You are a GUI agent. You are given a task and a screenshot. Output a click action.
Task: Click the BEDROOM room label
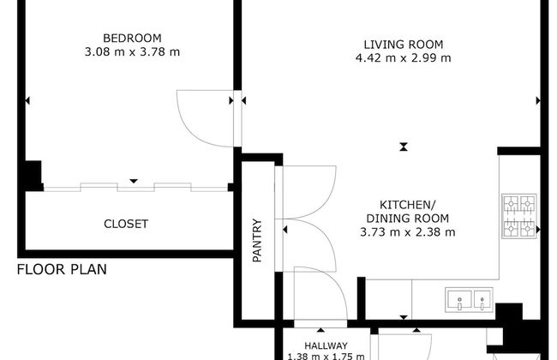[x=132, y=38]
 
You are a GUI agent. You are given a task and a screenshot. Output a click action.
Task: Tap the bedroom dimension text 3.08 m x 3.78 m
[x=132, y=52]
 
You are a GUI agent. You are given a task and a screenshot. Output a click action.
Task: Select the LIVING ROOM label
[x=404, y=45]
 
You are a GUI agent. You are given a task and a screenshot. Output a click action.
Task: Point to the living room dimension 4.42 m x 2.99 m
[x=404, y=57]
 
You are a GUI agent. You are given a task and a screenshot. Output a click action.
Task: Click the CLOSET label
[x=126, y=224]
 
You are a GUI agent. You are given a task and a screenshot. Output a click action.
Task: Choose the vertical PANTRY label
[x=257, y=240]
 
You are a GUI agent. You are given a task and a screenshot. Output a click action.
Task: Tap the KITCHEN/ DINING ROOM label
[x=407, y=212]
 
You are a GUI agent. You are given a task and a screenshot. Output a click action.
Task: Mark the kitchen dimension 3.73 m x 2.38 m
[x=407, y=232]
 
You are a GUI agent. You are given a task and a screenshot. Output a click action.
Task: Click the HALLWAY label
[x=326, y=345]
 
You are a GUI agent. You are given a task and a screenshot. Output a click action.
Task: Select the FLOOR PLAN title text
[x=62, y=269]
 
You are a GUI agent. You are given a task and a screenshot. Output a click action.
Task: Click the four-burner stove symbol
[x=519, y=216]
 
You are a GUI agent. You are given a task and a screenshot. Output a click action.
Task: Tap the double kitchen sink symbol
[x=469, y=300]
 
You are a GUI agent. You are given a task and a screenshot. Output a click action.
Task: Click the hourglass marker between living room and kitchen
[x=404, y=147]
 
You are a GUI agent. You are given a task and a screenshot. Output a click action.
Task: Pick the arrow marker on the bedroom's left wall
[x=27, y=100]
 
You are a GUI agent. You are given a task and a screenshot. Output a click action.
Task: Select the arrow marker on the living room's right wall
[x=538, y=101]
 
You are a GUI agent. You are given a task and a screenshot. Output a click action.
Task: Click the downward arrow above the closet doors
[x=134, y=181]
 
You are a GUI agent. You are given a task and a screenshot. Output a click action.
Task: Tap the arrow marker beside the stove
[x=538, y=230]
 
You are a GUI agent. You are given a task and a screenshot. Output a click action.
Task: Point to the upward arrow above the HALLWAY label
[x=320, y=330]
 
